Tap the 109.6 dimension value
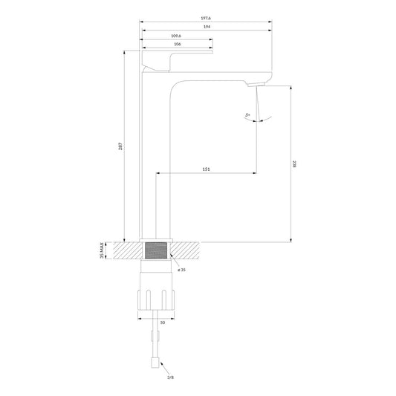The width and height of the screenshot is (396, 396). point(176,36)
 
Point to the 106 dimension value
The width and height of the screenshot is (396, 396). point(177,45)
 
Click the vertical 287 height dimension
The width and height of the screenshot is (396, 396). point(120,146)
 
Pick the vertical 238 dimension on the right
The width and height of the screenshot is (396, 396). point(294,165)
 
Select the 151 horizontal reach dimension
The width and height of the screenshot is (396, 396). point(206,169)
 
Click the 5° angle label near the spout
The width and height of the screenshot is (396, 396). point(247,115)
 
